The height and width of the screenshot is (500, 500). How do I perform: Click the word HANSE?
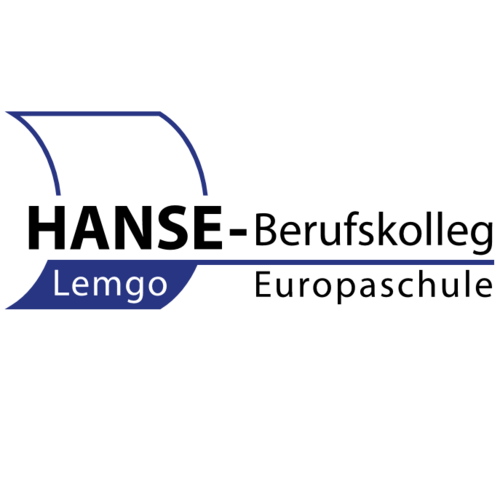point(125,227)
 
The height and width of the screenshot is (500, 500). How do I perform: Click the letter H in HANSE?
point(47,228)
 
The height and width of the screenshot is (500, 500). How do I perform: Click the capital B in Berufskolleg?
point(267,230)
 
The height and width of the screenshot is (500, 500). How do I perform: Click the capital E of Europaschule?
point(264,284)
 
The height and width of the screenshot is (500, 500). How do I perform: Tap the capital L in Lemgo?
point(61,283)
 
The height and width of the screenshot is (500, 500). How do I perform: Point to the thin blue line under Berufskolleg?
point(345,262)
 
